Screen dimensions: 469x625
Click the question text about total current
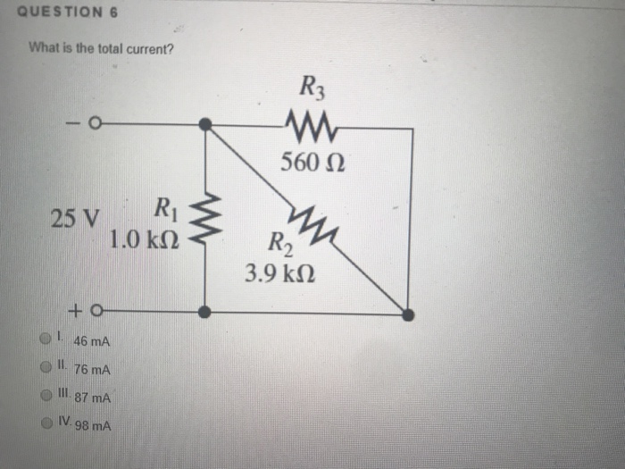(101, 48)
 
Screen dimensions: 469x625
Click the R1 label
(167, 211)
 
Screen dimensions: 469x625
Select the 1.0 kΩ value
(145, 239)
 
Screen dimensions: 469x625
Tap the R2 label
(279, 243)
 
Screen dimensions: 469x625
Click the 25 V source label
(76, 218)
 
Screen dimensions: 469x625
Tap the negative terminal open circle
(90, 124)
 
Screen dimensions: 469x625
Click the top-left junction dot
(205, 125)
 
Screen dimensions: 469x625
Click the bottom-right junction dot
(407, 314)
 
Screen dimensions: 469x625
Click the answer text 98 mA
(93, 426)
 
